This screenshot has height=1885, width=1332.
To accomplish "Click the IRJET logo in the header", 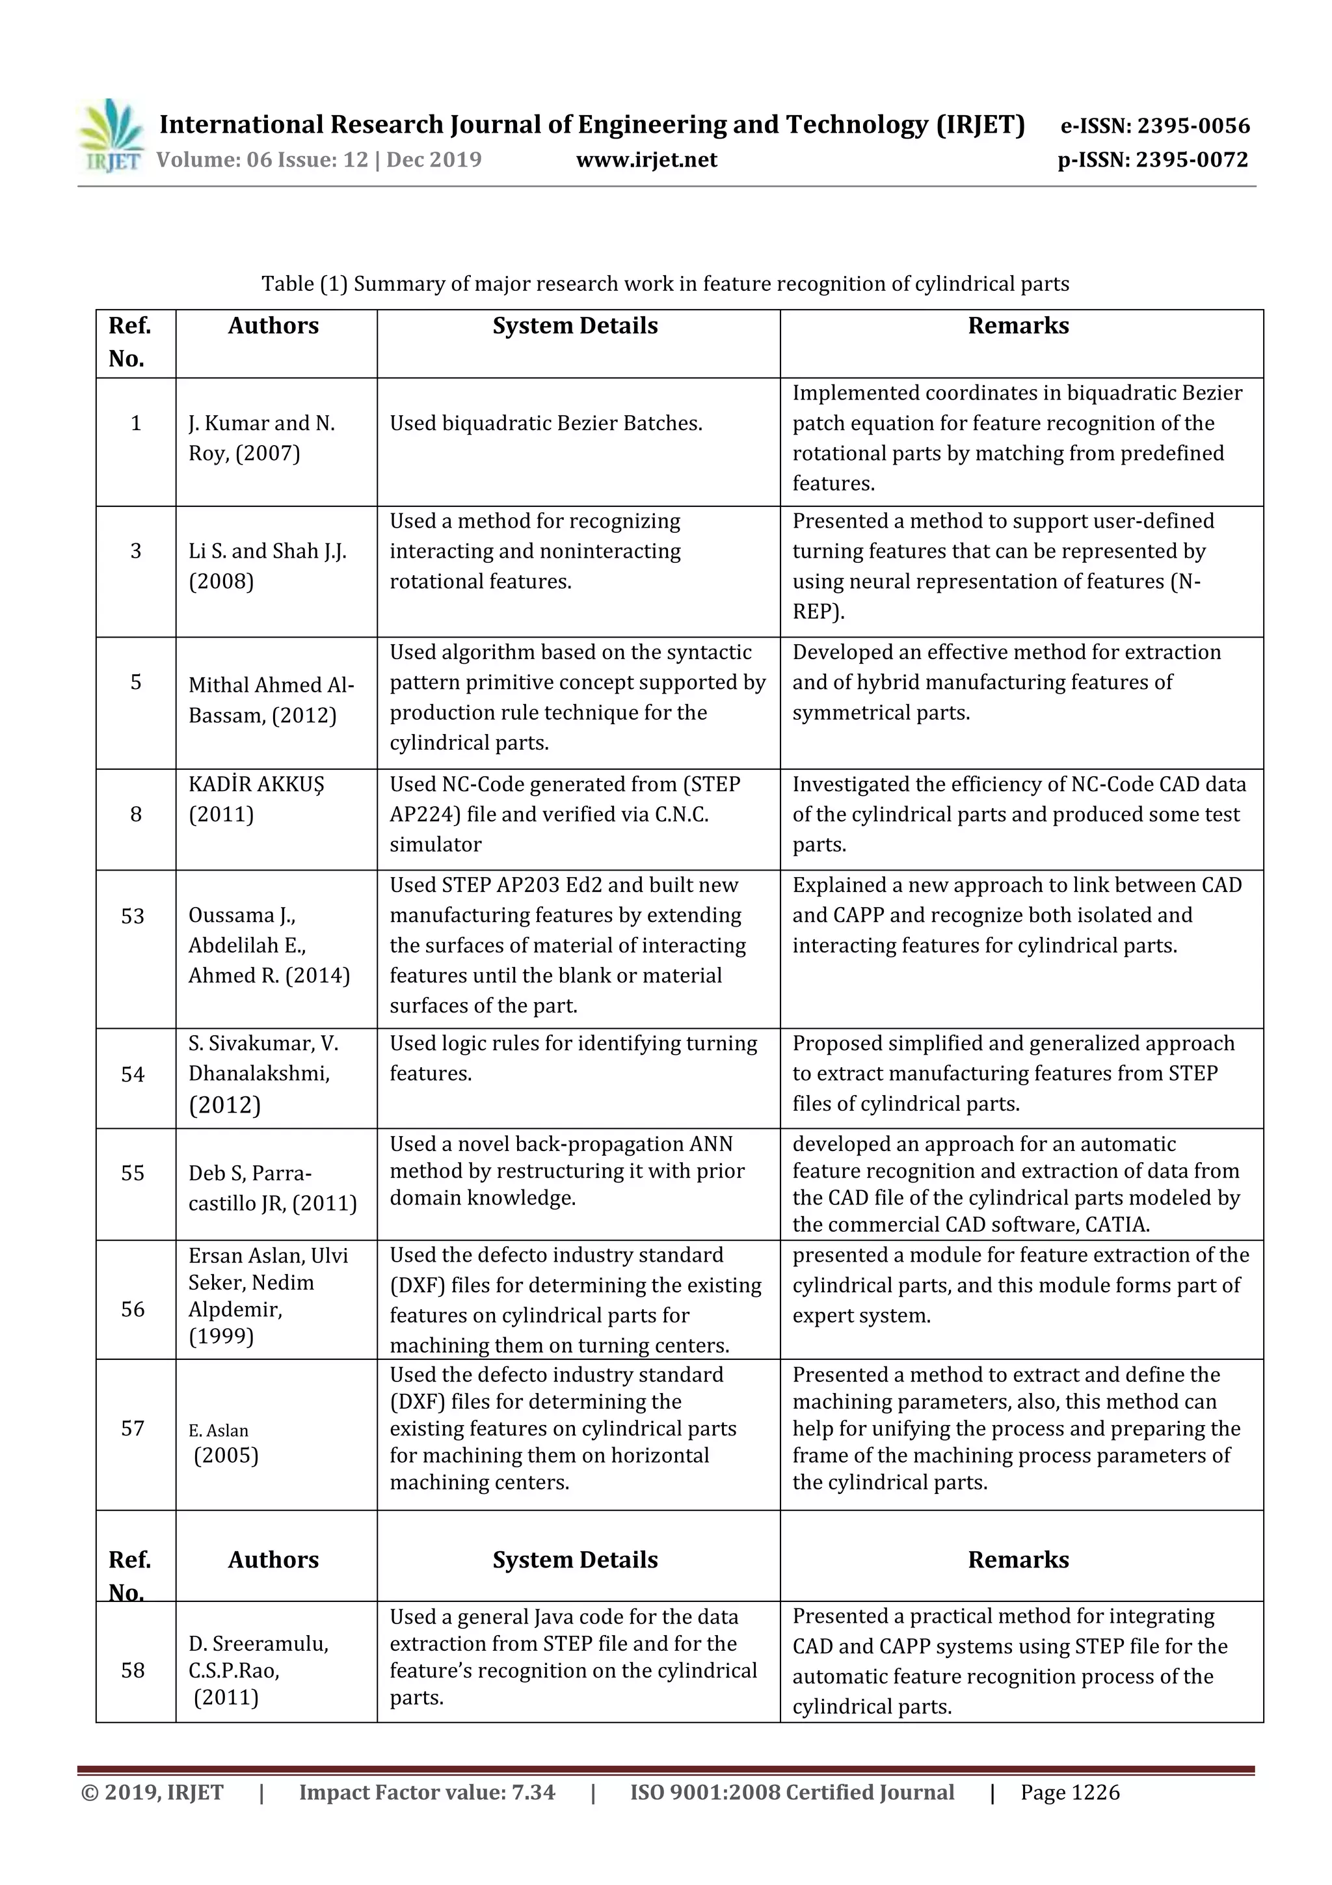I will (111, 136).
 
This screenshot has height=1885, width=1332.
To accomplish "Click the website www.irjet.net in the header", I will (646, 159).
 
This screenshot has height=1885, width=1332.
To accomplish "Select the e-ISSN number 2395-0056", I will (1192, 126).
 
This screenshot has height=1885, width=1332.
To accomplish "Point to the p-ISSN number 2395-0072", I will (1192, 159).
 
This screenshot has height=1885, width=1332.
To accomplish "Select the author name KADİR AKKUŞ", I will (256, 784).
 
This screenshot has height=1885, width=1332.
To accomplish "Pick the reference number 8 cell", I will (135, 815).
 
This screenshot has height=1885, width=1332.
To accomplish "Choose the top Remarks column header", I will (1018, 326).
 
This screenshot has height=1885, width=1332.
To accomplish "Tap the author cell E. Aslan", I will (219, 1430).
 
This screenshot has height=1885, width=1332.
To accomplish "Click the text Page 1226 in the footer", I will (1069, 1792).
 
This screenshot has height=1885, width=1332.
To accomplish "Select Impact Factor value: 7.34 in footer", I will (427, 1792).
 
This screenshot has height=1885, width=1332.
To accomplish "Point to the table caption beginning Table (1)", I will (665, 284).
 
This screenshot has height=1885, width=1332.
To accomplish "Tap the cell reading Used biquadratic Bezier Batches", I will (546, 424).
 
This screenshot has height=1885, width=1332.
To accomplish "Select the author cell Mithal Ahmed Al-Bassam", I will (271, 699).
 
